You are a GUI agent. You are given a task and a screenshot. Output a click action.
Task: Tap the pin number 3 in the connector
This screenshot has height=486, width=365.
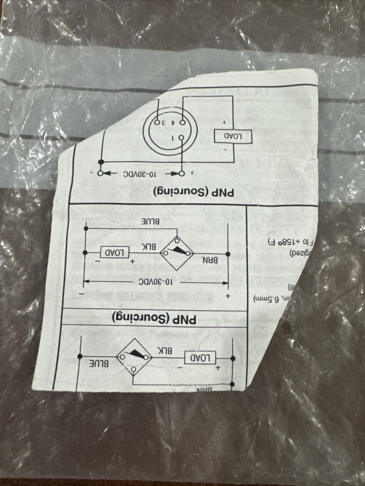tap(163, 122)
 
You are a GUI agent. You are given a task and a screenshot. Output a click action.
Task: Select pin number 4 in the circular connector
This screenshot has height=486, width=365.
tap(173, 122)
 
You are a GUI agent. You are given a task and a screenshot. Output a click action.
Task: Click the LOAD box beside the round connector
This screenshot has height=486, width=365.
tap(233, 136)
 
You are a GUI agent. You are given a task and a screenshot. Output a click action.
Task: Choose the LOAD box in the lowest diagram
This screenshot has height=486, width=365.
tap(200, 358)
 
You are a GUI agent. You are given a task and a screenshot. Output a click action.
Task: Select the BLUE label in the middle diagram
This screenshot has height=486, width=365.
tap(149, 221)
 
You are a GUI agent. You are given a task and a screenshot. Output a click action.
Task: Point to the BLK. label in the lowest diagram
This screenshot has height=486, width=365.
tap(165, 351)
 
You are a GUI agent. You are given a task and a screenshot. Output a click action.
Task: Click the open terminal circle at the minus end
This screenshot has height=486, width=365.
tap(100, 174)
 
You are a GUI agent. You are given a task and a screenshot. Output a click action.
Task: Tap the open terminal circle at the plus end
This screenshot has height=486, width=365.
tap(182, 174)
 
